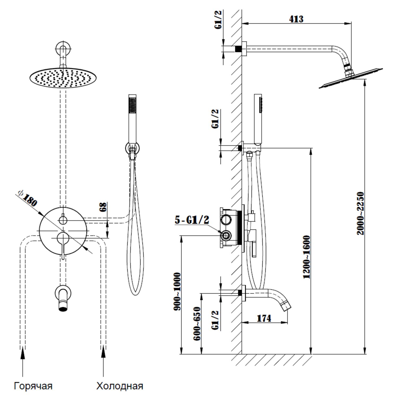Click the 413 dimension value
(296, 19)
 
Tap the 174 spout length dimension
(264, 318)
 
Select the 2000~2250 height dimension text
(360, 213)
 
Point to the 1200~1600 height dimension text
(307, 257)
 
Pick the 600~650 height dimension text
(197, 324)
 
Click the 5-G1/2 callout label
(192, 220)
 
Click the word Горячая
(33, 386)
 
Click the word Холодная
(120, 386)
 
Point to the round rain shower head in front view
(63, 78)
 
